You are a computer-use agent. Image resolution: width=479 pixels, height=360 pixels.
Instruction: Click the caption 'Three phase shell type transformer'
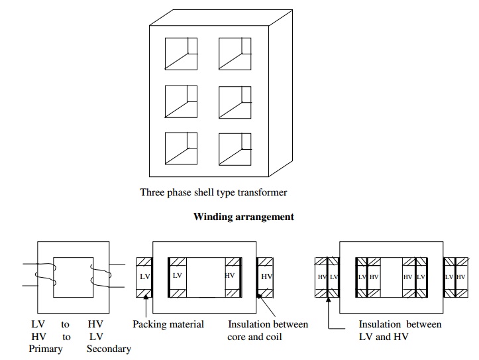tap(213, 193)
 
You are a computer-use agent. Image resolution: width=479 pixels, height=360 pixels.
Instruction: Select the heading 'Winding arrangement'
tap(243, 217)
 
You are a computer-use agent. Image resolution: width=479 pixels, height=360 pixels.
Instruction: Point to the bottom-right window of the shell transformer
tap(235, 149)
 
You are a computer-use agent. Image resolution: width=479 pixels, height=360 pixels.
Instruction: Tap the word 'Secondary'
tap(109, 349)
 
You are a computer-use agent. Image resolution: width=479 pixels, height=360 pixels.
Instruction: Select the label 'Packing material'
tap(168, 324)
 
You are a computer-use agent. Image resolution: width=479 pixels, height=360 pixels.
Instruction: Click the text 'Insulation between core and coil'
tap(268, 330)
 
